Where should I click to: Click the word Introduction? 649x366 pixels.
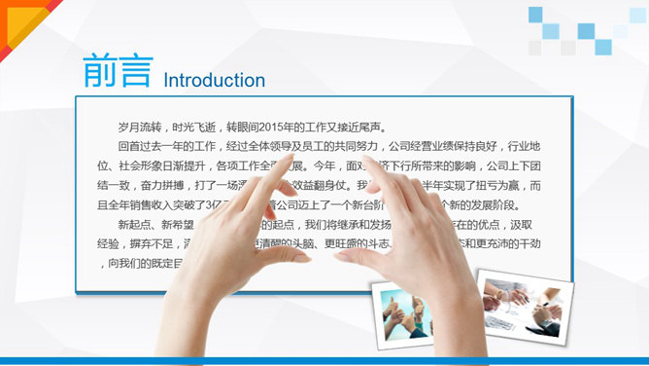214,80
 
